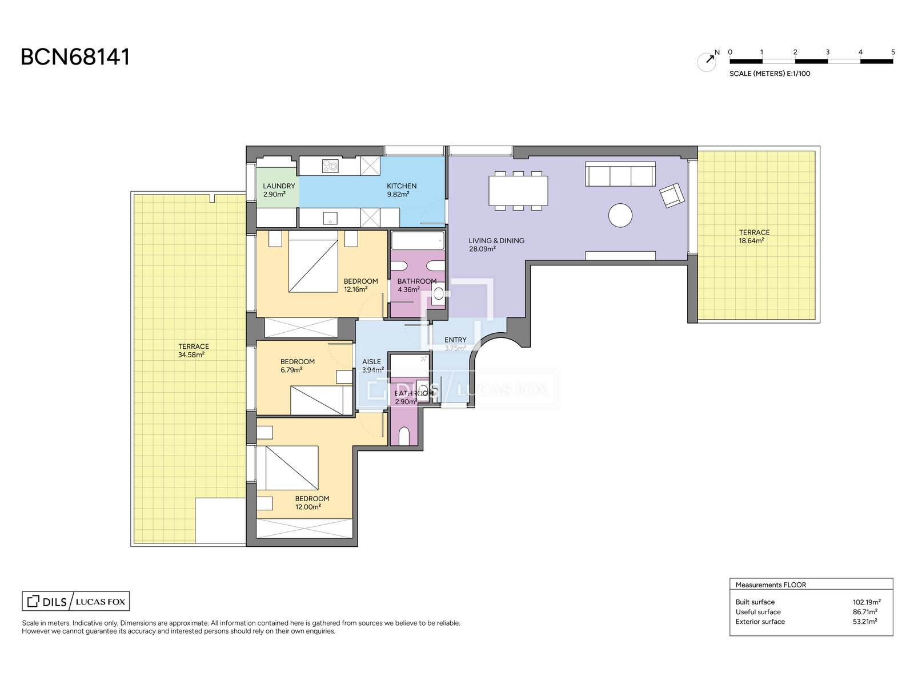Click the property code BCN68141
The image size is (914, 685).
click(75, 57)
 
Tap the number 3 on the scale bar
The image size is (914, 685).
click(827, 52)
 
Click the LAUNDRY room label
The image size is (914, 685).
click(279, 186)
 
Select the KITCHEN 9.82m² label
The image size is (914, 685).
click(401, 190)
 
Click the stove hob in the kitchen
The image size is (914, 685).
click(330, 166)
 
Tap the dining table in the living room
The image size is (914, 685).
click(518, 191)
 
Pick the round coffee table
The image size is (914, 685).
click(620, 215)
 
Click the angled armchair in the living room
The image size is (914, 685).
click(672, 195)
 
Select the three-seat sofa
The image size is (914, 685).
click(620, 174)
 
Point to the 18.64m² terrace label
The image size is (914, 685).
click(753, 236)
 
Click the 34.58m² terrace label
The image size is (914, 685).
click(193, 350)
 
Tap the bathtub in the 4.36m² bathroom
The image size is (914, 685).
click(418, 241)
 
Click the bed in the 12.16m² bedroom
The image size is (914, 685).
click(312, 261)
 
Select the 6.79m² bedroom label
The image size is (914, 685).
click(297, 365)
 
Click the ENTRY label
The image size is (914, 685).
click(455, 340)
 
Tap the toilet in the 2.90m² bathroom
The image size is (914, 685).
click(403, 436)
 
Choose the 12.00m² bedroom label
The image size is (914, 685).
click(312, 502)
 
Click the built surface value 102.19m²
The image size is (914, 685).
click(866, 602)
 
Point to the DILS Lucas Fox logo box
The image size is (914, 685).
click(75, 601)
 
